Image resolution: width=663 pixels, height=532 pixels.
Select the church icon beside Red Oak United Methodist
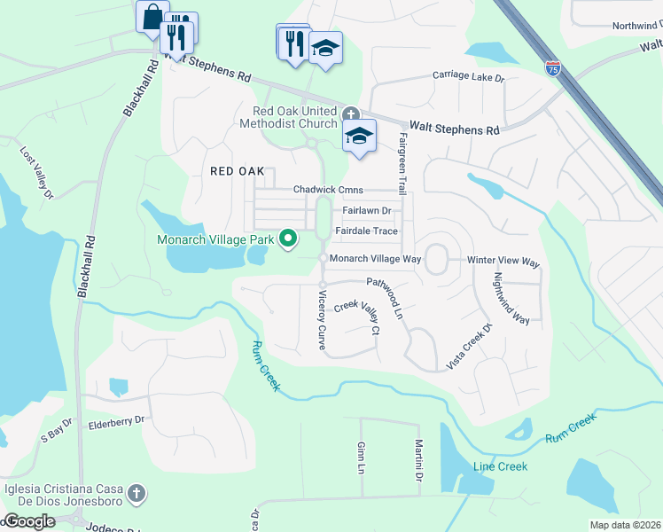(351, 113)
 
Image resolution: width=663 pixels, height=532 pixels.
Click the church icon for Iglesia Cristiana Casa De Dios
(136, 492)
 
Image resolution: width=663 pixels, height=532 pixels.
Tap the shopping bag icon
(152, 16)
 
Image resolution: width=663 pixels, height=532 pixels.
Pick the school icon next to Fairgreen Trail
(359, 137)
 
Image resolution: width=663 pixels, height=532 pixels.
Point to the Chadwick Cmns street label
(329, 190)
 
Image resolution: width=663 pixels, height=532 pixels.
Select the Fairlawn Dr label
(366, 211)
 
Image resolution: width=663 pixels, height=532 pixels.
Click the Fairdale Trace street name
(366, 231)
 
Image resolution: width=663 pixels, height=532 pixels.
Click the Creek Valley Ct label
(356, 317)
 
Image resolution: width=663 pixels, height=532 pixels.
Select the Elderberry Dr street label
(115, 424)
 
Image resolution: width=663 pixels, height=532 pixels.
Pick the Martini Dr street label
(417, 461)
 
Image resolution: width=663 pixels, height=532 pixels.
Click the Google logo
(28, 521)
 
